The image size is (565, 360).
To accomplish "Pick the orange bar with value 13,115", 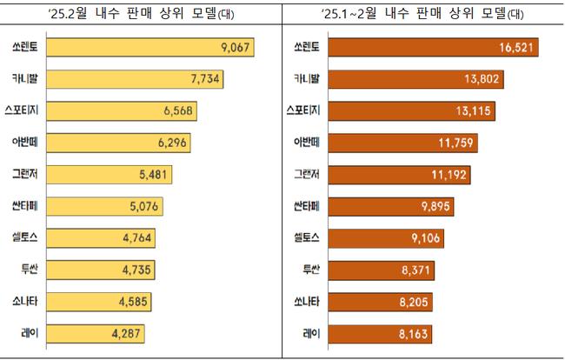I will pos(409,111).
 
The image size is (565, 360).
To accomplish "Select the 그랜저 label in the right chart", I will pos(308,174).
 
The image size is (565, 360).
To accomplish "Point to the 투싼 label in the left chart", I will pos(40,270).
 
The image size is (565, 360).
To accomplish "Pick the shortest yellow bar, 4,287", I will pos(100,333).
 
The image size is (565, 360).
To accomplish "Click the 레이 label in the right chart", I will pos(312,333).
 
